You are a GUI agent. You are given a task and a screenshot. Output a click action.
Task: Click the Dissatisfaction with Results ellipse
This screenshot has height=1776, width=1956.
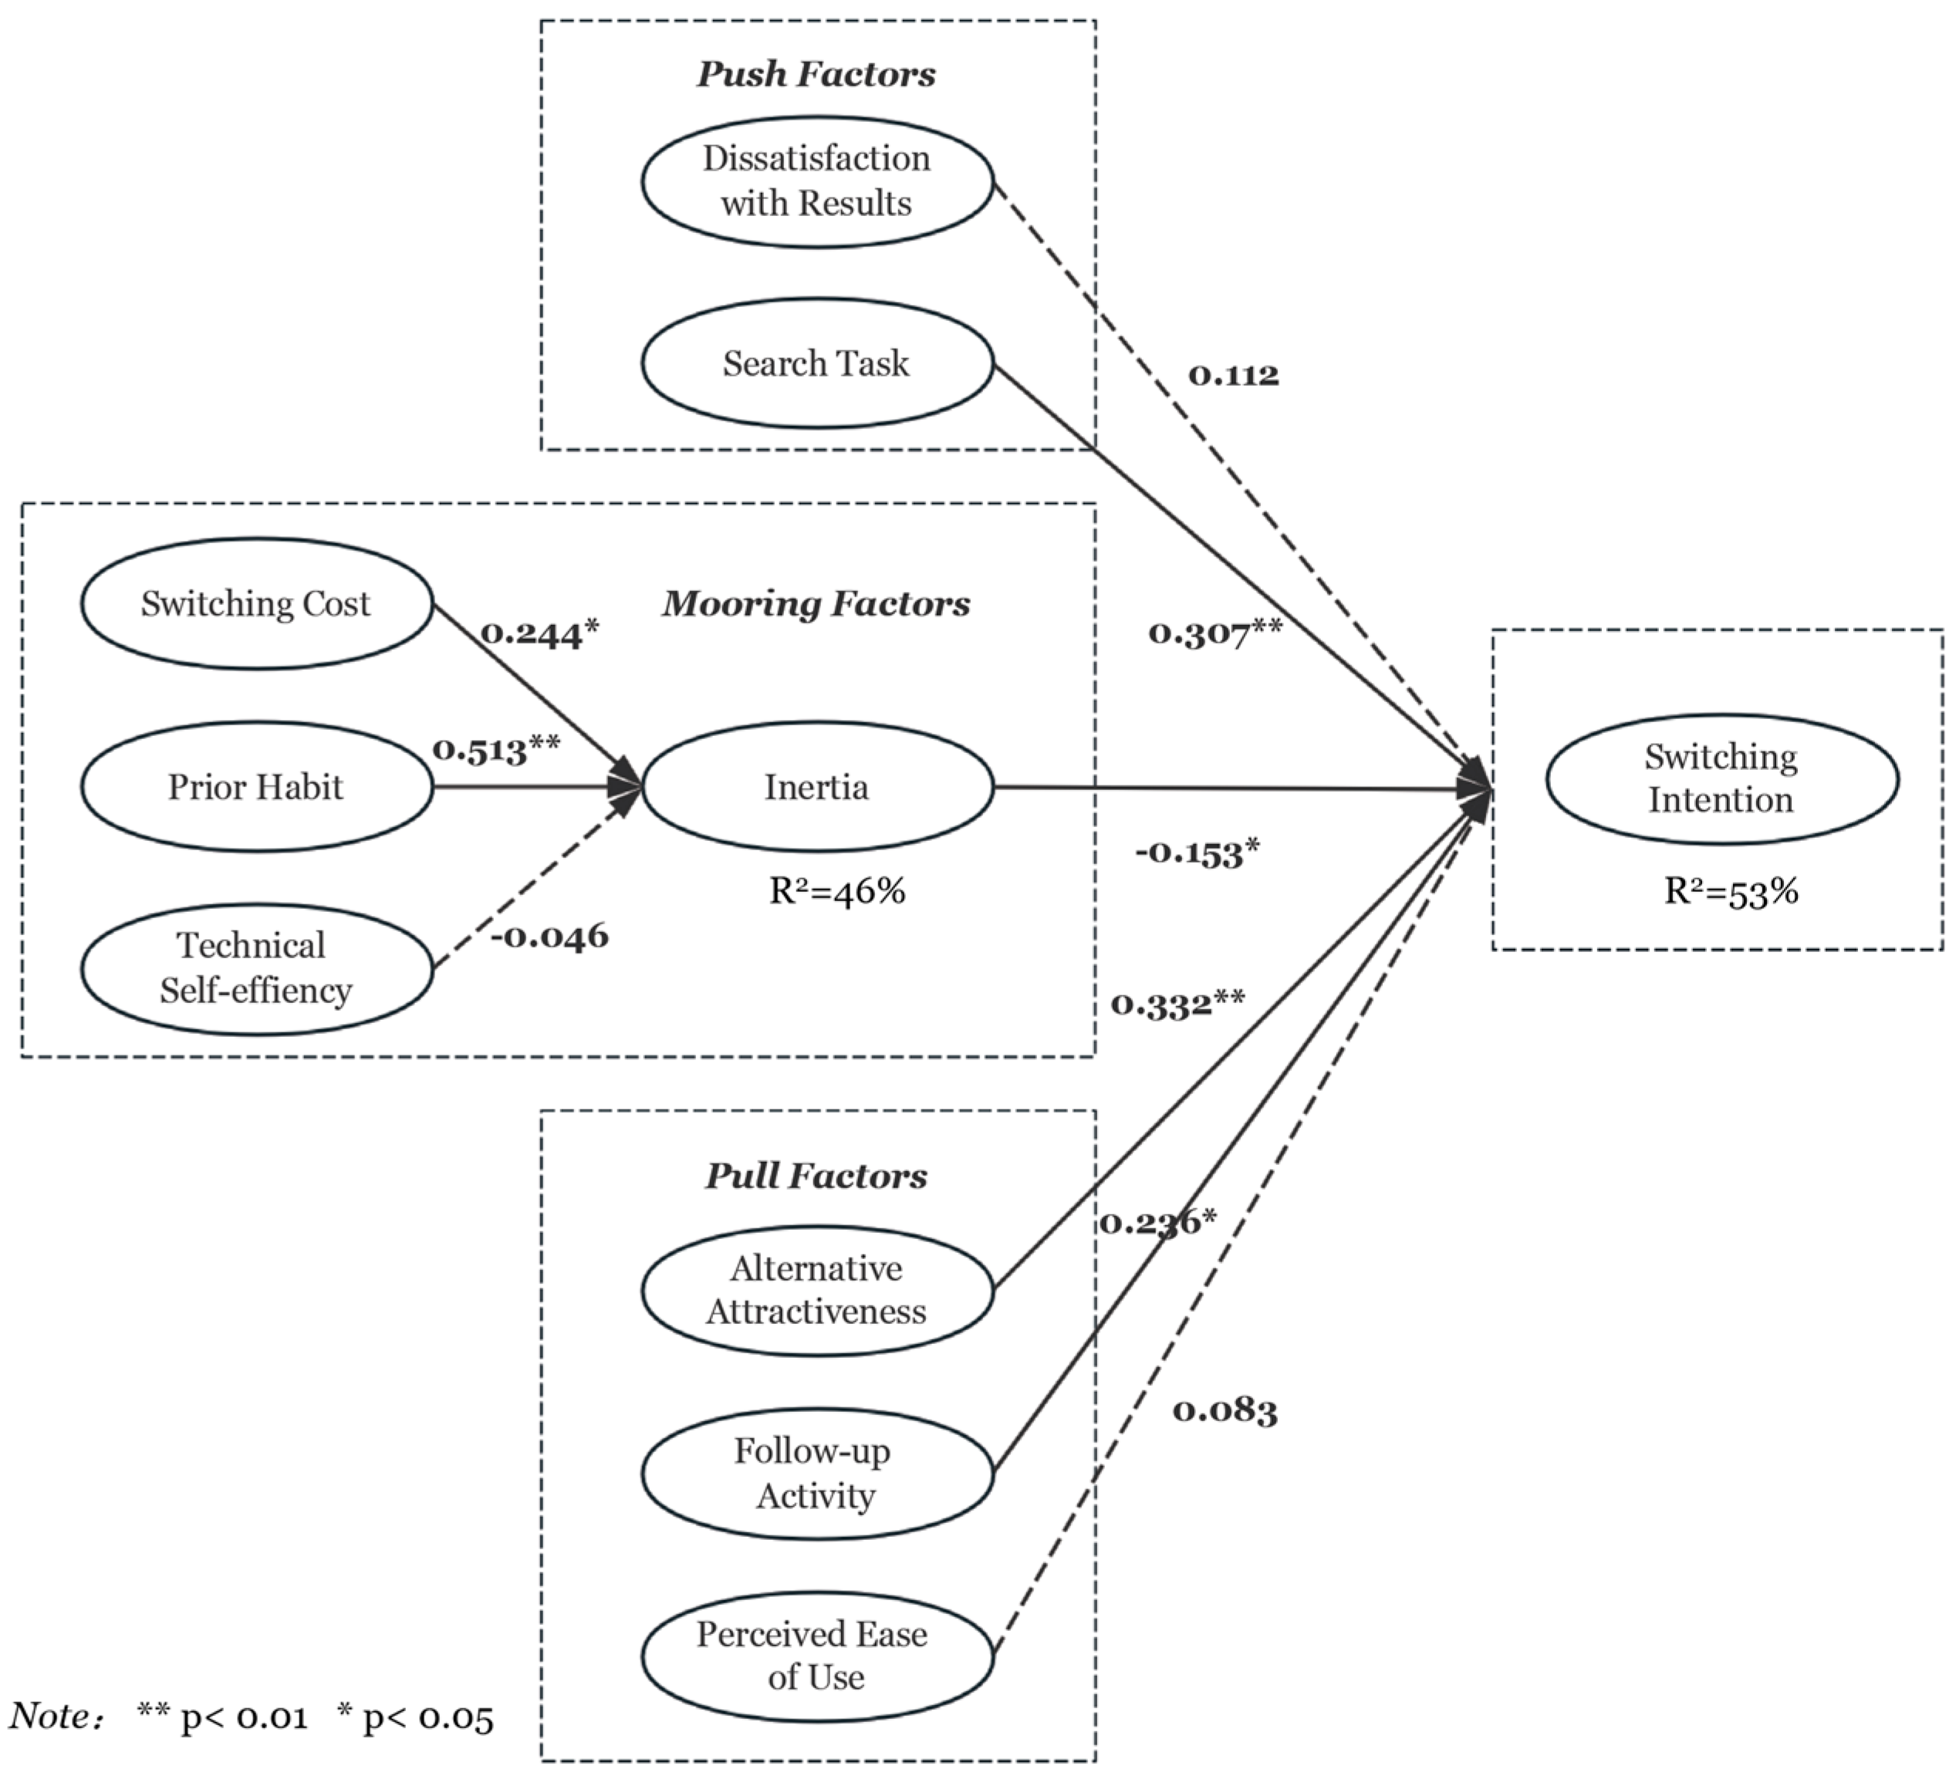817,181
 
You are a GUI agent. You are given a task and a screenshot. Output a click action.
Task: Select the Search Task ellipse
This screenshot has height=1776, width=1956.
817,363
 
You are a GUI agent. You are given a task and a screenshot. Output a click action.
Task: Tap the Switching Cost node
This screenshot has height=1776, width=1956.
256,603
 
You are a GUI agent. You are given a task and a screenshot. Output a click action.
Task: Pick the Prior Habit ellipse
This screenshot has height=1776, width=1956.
256,787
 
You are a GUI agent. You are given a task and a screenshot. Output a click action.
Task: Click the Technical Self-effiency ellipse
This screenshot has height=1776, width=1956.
256,969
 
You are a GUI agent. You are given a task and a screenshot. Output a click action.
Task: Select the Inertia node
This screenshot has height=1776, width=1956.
817,787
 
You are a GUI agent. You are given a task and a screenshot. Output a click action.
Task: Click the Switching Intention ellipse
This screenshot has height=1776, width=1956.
1721,779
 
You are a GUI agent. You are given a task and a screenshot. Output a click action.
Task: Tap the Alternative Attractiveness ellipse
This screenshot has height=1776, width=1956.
817,1290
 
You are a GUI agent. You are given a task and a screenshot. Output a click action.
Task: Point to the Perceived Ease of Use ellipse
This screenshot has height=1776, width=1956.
817,1656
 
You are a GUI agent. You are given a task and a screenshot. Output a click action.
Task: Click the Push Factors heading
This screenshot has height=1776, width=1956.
816,74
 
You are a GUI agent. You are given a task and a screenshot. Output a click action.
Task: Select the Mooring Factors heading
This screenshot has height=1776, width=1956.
816,603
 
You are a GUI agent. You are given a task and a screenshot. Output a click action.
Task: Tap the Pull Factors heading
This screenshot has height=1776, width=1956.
816,1176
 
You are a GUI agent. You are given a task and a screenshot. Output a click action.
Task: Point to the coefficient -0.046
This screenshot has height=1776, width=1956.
549,936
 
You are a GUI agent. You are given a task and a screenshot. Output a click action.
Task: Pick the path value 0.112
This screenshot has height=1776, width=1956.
1233,374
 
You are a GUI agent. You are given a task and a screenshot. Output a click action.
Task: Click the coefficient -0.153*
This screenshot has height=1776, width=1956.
1198,853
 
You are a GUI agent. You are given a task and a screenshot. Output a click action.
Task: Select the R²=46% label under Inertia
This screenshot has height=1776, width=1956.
836,890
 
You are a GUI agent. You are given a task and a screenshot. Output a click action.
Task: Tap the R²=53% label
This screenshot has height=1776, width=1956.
1731,890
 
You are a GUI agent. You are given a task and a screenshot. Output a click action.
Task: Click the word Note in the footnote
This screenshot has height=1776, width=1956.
50,1716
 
